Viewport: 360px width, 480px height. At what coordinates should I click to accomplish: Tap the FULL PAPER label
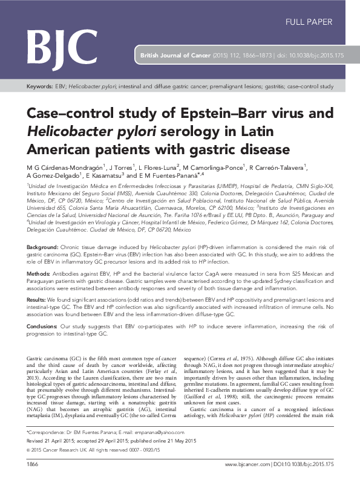tap(312, 22)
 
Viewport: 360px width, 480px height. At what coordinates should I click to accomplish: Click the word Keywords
tap(39, 86)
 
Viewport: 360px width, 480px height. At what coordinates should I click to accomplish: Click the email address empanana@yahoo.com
tap(148, 450)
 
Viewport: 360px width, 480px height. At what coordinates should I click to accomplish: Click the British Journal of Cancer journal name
tap(175, 54)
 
